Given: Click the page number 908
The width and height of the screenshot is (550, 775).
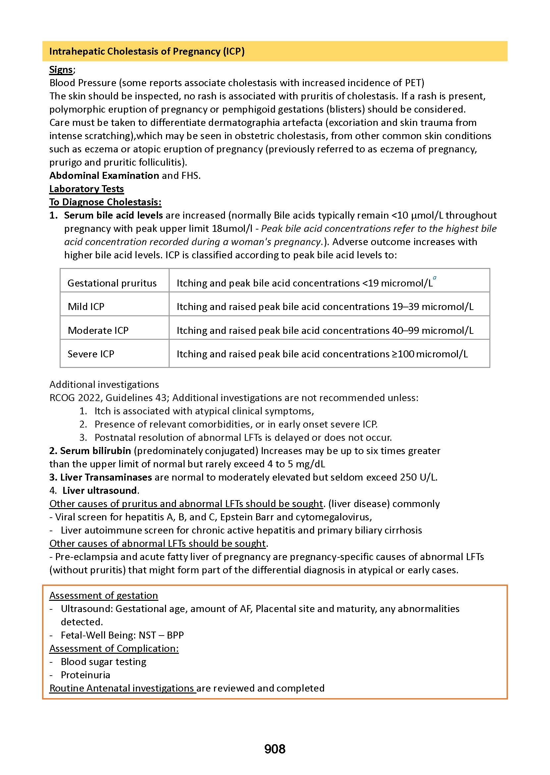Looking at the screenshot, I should pyautogui.click(x=275, y=749).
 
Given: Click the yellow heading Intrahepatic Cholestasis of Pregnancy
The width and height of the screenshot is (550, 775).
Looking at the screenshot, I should pyautogui.click(x=147, y=51).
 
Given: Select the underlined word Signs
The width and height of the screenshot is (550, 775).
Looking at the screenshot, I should pyautogui.click(x=61, y=70).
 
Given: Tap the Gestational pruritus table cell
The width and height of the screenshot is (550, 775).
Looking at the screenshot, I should pyautogui.click(x=112, y=283).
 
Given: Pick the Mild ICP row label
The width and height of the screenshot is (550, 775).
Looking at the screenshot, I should pyautogui.click(x=86, y=306).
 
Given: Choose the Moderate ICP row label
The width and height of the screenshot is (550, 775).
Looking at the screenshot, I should pyautogui.click(x=98, y=330).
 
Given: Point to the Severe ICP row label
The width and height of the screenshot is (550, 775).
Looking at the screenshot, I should pyautogui.click(x=91, y=354).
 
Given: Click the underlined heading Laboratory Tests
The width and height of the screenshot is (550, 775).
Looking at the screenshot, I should pyautogui.click(x=86, y=188).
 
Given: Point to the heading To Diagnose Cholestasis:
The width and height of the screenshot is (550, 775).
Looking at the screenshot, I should pyautogui.click(x=105, y=202).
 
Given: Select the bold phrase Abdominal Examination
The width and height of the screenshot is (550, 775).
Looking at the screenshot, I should pyautogui.click(x=104, y=176).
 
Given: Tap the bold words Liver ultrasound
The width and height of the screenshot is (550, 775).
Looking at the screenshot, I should pyautogui.click(x=100, y=490).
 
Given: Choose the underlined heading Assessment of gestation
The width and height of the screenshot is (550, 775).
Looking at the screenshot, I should pyautogui.click(x=104, y=595).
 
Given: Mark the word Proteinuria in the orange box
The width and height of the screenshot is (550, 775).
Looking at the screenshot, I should pyautogui.click(x=85, y=675).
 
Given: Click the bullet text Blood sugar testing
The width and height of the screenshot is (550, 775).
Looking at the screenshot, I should pyautogui.click(x=103, y=662).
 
